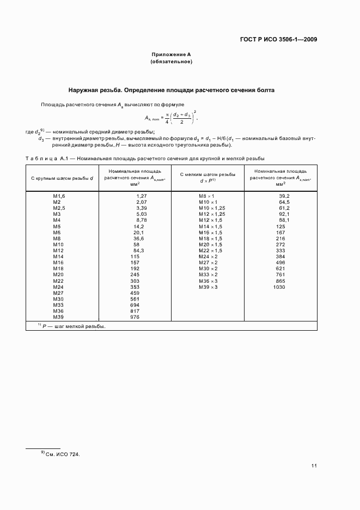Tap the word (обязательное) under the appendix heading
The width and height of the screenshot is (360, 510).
point(171,62)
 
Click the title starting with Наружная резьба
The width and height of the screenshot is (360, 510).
point(171,90)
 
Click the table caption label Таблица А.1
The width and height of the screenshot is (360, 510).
point(46,159)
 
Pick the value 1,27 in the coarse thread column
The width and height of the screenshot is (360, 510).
point(142,196)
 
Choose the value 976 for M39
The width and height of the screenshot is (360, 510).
point(136,317)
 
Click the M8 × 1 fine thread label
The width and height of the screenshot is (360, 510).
point(206,196)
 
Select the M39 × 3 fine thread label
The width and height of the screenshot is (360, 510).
point(208,287)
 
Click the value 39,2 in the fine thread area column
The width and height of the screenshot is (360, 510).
point(284,196)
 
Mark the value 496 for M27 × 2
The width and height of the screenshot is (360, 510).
point(281,263)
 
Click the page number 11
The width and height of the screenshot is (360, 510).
point(314,466)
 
